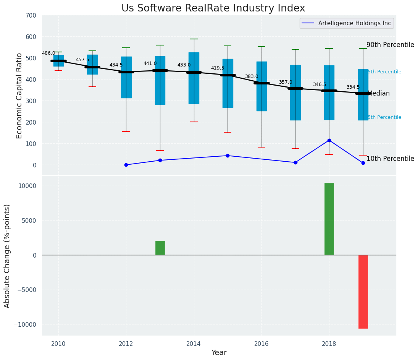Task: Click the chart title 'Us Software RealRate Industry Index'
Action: click(213, 8)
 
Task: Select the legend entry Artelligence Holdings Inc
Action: click(355, 23)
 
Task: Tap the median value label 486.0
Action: click(48, 54)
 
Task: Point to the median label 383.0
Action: click(252, 77)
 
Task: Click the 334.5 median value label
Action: click(353, 88)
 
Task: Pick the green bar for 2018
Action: click(329, 219)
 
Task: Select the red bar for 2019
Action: click(363, 292)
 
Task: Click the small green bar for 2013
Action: click(160, 248)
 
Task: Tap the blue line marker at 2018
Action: click(329, 141)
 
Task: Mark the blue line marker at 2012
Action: click(126, 165)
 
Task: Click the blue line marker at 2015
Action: click(228, 156)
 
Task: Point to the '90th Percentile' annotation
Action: click(390, 45)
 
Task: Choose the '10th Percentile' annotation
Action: click(390, 159)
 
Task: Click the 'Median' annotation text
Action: click(378, 94)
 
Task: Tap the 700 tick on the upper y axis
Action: click(31, 16)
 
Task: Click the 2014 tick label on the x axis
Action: click(194, 344)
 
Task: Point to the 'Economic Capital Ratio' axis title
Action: click(19, 96)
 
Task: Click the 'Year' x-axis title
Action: click(219, 353)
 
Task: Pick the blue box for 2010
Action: click(58, 61)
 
